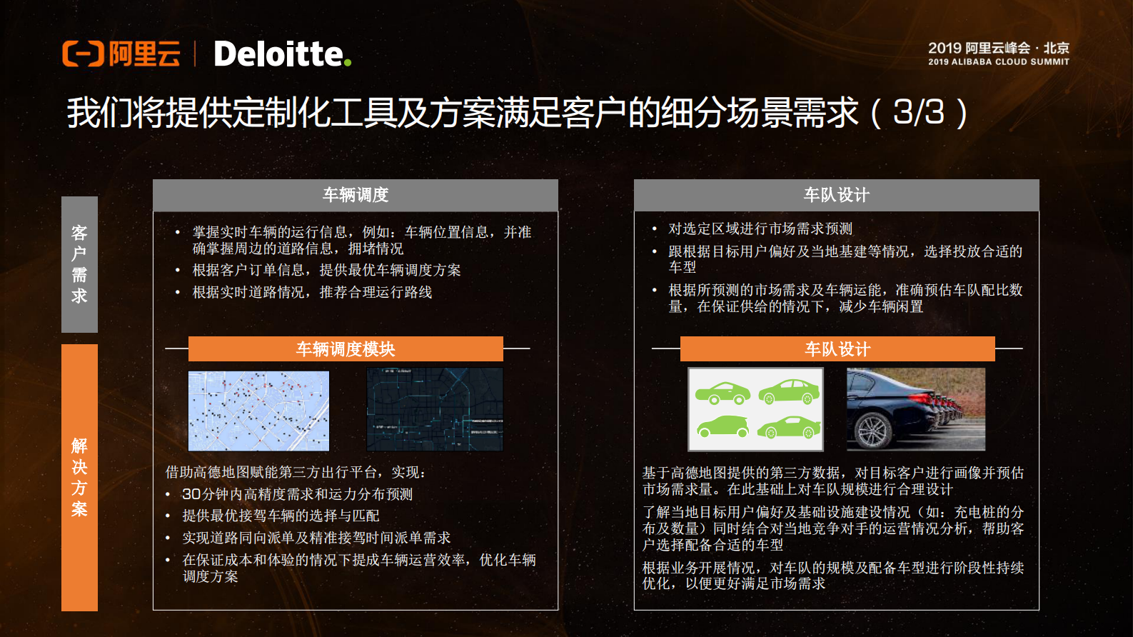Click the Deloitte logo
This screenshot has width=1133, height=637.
[x=278, y=54]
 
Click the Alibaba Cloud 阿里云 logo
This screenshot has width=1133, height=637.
[x=121, y=54]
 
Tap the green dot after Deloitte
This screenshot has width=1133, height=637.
[x=348, y=63]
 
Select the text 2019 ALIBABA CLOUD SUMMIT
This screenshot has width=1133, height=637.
[x=999, y=62]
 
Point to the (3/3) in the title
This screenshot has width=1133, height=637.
[x=920, y=113]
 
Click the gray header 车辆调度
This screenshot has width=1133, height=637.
[x=356, y=195]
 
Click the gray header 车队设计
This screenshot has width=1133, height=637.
[x=837, y=195]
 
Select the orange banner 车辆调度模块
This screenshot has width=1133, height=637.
[x=346, y=349]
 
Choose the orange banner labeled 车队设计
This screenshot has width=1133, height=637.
[x=837, y=349]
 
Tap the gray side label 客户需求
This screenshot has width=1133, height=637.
[x=79, y=264]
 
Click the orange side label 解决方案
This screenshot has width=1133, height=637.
[x=79, y=477]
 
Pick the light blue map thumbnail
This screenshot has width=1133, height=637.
[x=258, y=411]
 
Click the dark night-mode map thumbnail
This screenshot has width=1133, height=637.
[x=435, y=409]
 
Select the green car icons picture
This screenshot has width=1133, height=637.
[x=755, y=409]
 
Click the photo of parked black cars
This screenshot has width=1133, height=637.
[x=916, y=409]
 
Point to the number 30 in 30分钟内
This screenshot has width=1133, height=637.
[x=191, y=494]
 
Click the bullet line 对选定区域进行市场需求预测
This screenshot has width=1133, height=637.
[x=760, y=229]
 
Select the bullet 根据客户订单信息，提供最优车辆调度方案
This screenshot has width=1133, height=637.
[x=326, y=271]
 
